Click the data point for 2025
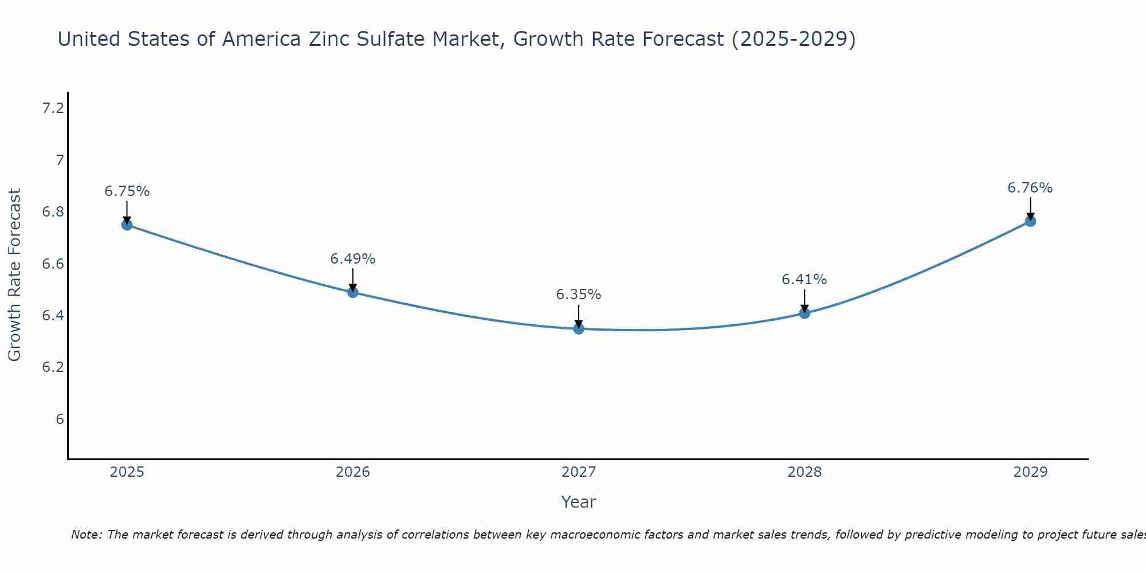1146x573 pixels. pos(127,225)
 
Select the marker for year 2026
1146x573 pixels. pos(353,292)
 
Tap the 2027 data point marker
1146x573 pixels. pos(579,328)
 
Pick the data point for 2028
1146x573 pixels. pos(804,313)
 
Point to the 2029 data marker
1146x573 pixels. pos(1030,221)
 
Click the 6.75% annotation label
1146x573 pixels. pos(127,191)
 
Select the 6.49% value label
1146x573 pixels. pos(353,259)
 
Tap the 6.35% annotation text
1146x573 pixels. pos(579,295)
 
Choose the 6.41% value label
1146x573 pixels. pos(804,280)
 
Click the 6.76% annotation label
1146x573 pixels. pos(1030,188)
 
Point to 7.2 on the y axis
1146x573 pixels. pos(53,108)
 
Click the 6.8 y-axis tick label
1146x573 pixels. pos(53,212)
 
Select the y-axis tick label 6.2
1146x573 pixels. pos(53,367)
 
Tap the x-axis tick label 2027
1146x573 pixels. pos(579,472)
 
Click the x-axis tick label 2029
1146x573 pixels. pos(1030,472)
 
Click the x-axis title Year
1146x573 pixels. pos(579,502)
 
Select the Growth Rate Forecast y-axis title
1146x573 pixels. pos(14,275)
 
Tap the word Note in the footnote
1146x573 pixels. pos(85,535)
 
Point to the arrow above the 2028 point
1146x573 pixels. pos(804,300)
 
